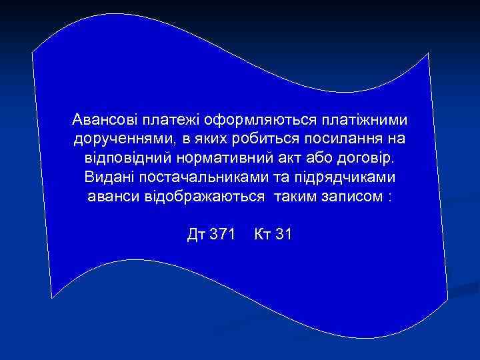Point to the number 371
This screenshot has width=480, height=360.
pyautogui.click(x=222, y=235)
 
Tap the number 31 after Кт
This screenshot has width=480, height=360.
pyautogui.click(x=282, y=235)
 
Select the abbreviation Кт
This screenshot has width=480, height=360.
pyautogui.click(x=261, y=235)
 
